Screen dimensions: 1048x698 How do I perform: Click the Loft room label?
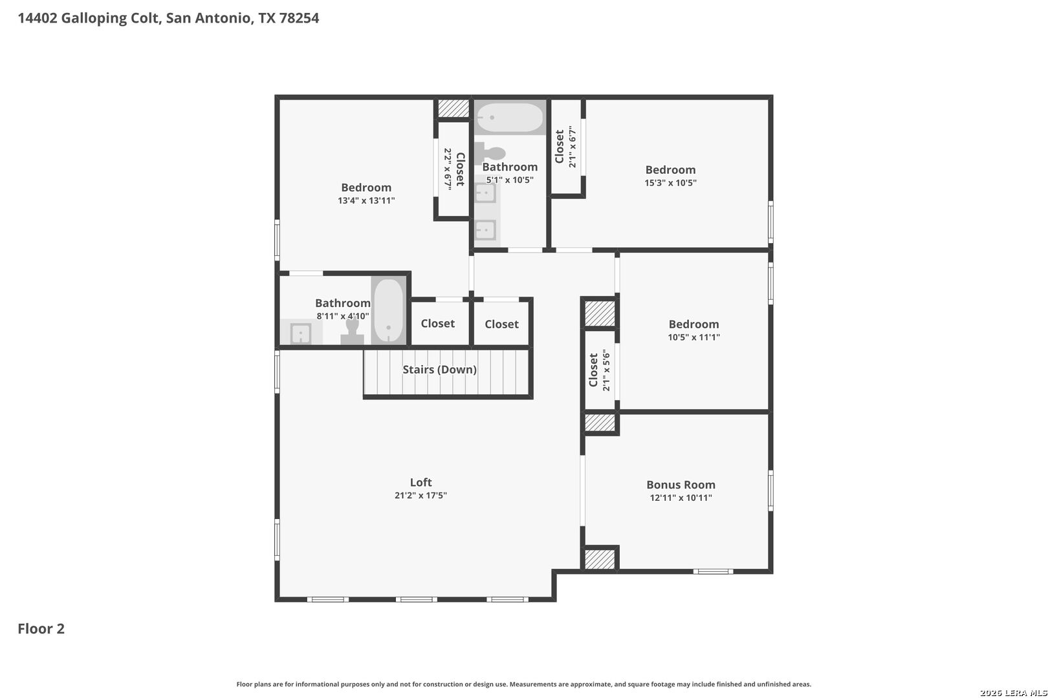click(x=420, y=482)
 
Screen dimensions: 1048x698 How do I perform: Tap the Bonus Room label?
click(x=681, y=485)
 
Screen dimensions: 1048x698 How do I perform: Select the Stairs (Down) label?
click(x=439, y=369)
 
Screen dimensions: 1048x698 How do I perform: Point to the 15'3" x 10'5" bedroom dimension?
click(x=670, y=183)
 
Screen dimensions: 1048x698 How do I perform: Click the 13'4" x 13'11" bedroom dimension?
click(x=366, y=200)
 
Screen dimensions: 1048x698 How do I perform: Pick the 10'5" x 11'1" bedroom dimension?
click(x=694, y=337)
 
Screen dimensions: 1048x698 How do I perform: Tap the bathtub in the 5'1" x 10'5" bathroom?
click(x=510, y=118)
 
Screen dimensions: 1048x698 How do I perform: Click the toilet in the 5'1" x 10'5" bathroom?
click(x=490, y=153)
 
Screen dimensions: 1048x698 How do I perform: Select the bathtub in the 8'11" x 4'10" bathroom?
click(x=388, y=310)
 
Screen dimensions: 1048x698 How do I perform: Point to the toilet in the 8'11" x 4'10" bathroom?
click(x=353, y=330)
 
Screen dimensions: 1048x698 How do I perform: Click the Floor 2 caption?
click(x=41, y=629)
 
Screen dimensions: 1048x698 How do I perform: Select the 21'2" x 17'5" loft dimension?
click(x=420, y=496)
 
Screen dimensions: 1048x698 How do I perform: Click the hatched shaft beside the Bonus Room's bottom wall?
click(x=600, y=559)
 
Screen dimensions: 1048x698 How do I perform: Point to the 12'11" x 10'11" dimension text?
click(x=681, y=498)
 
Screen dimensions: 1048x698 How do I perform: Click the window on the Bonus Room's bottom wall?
click(x=713, y=571)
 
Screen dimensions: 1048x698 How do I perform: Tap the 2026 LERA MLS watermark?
click(x=1013, y=693)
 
